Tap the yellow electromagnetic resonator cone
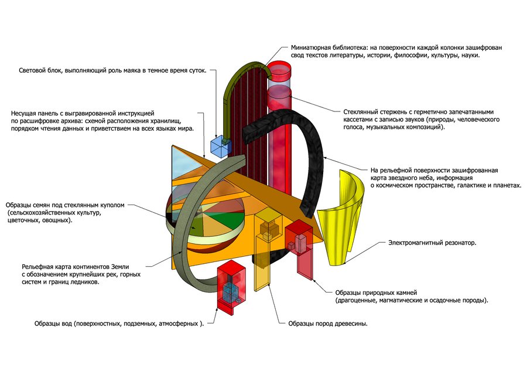point(340,219)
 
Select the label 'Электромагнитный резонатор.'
point(432,243)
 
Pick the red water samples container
point(231,288)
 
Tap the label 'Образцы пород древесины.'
point(328,324)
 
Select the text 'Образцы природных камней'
point(376,293)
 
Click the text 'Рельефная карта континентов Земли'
point(76,267)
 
